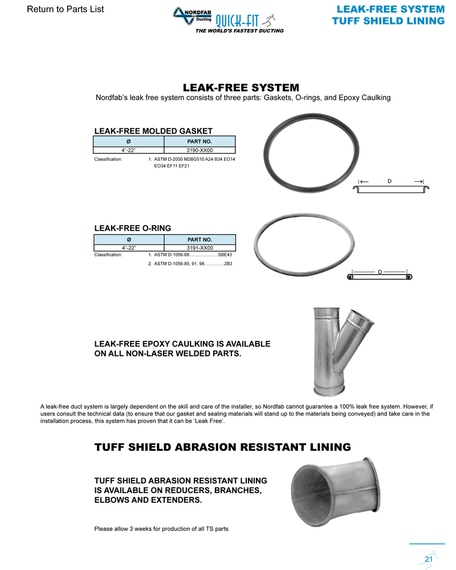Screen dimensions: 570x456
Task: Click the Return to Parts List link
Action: click(x=66, y=10)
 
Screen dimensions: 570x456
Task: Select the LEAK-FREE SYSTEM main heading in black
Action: click(x=241, y=88)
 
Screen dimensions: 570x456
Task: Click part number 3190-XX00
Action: click(x=199, y=150)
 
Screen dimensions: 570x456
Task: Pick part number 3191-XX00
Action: click(x=199, y=248)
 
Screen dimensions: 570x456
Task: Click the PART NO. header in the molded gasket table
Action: click(x=199, y=141)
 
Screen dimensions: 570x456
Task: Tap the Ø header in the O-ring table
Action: click(x=129, y=239)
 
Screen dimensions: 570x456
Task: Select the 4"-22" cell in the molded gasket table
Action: click(x=129, y=150)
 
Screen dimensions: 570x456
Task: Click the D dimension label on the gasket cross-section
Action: click(x=390, y=181)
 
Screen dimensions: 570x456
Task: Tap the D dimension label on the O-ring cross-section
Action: click(x=380, y=272)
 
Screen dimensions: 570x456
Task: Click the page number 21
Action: click(x=429, y=559)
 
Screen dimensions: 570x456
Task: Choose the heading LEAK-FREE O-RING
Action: click(x=132, y=228)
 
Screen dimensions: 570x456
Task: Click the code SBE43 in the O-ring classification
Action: click(x=225, y=255)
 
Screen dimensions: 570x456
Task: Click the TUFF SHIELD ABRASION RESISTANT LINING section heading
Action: click(x=222, y=447)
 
